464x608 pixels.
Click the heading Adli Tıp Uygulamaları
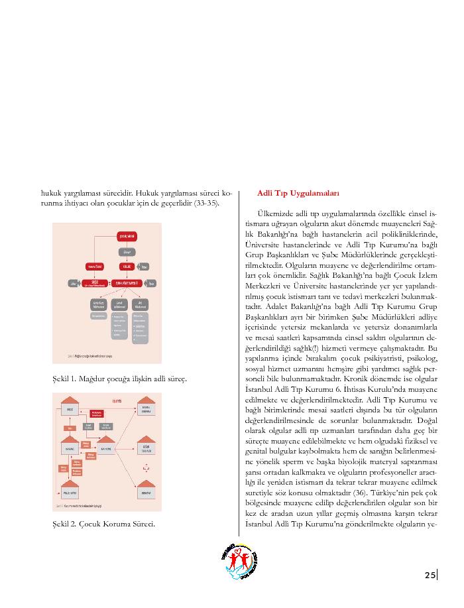point(298,194)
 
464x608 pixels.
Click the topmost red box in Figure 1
point(127,237)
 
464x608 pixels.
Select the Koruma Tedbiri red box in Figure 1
point(93,266)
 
